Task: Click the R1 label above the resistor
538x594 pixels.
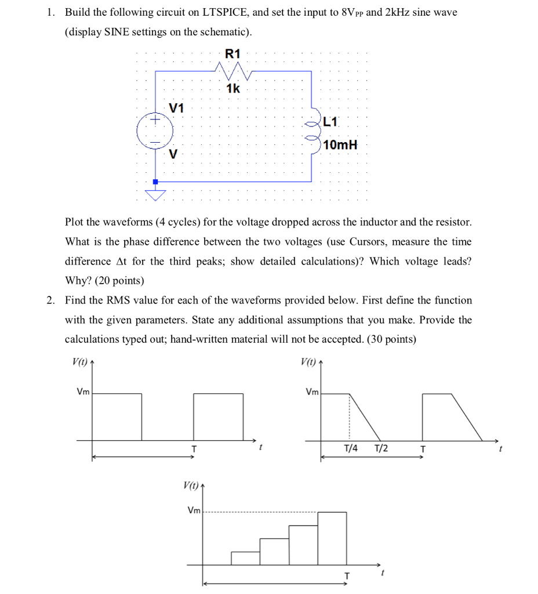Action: click(232, 54)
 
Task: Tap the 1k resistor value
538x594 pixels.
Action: click(232, 88)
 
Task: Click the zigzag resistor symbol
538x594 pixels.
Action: click(232, 71)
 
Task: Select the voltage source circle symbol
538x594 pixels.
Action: click(154, 131)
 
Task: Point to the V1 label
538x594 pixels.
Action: click(176, 108)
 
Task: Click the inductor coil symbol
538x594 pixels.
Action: click(315, 131)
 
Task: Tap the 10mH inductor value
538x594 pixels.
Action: click(340, 144)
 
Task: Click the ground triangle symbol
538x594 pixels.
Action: click(155, 194)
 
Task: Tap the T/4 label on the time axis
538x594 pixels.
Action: click(351, 449)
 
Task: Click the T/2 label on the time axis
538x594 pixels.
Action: click(381, 449)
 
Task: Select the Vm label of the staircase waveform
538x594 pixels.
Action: click(194, 510)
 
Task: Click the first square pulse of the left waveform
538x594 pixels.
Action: click(117, 416)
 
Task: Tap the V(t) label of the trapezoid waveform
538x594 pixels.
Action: click(308, 362)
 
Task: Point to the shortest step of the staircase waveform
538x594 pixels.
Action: click(245, 558)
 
